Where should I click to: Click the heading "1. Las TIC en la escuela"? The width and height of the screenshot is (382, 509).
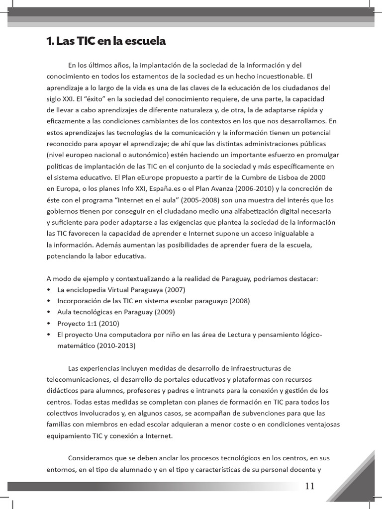point(106,42)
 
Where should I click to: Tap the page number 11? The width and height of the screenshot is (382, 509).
point(309,486)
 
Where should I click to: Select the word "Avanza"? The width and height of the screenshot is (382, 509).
point(209,188)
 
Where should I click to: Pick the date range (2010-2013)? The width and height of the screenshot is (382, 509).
point(113,345)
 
